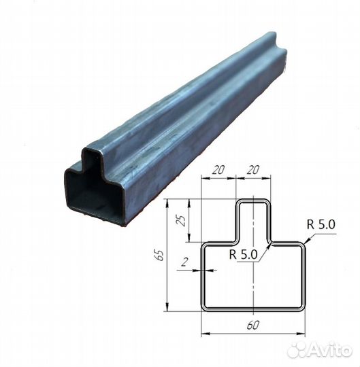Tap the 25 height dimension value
coord(179,220)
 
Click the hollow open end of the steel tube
coord(95,190)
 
